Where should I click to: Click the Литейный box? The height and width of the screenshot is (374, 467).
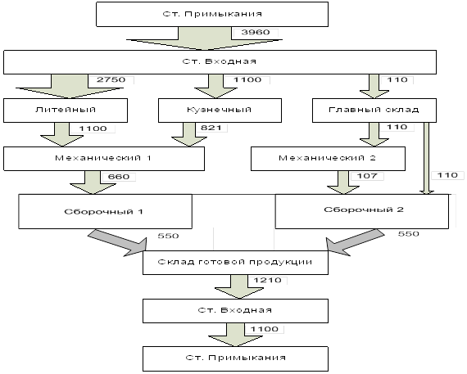tap(66, 110)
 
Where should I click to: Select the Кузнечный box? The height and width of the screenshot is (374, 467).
tap(220, 110)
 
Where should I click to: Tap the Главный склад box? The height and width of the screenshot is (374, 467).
tap(374, 110)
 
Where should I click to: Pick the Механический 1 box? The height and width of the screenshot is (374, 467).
tap(104, 159)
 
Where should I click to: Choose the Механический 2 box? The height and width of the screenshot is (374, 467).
tap(328, 159)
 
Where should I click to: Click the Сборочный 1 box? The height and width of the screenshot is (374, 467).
tap(105, 211)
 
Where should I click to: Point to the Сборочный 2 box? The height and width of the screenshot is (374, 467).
tap(362, 211)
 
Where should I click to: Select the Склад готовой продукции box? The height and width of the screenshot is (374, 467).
tap(236, 263)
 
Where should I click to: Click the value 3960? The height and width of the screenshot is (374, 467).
tap(256, 32)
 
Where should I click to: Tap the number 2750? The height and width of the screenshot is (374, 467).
tap(111, 79)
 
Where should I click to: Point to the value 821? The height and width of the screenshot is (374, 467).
tap(211, 128)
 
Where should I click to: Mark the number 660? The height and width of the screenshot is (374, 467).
tap(119, 177)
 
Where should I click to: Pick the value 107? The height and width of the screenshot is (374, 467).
tap(367, 176)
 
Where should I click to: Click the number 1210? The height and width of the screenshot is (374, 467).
tap(267, 280)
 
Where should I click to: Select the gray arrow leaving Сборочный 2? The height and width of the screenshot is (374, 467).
tap(355, 241)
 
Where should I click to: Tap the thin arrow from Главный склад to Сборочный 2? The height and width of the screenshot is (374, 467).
tap(427, 159)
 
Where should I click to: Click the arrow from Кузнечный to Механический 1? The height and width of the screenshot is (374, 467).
tap(189, 134)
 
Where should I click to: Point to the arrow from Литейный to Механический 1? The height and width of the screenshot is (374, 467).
tap(62, 134)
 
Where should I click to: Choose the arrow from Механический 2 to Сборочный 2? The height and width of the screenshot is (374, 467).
tap(343, 182)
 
